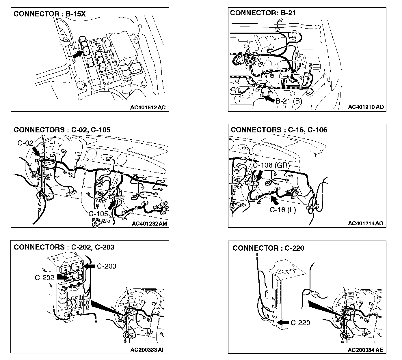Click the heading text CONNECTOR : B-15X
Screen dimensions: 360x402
(50, 14)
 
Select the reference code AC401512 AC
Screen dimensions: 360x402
(148, 107)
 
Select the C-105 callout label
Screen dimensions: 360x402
(98, 214)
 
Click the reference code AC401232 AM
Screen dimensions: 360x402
(149, 224)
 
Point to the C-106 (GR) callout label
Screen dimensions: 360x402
(271, 165)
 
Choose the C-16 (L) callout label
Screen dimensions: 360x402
(283, 210)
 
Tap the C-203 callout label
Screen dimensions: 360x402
(106, 266)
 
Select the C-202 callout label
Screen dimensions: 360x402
(44, 277)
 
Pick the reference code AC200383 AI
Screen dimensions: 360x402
(147, 350)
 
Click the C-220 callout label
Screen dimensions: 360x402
(300, 322)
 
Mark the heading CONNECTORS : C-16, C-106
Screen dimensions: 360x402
(279, 130)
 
